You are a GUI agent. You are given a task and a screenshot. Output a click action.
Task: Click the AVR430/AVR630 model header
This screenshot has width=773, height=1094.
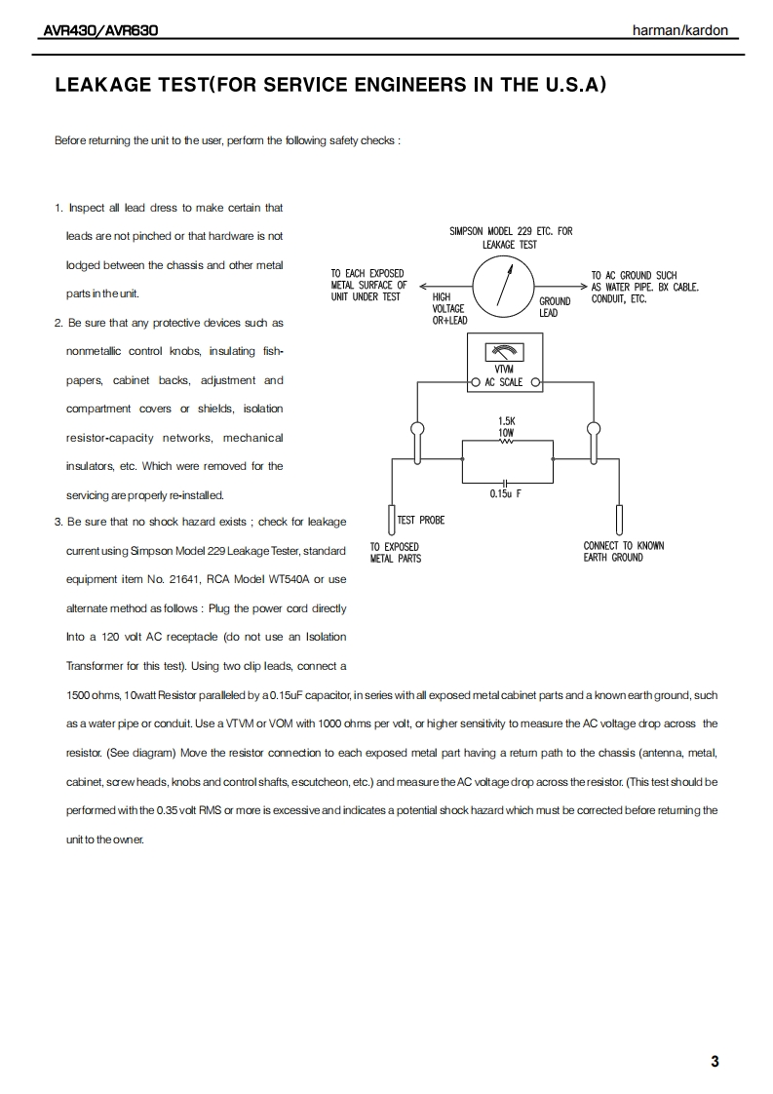click(101, 31)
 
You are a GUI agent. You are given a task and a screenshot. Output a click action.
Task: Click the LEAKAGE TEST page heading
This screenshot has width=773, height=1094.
click(330, 85)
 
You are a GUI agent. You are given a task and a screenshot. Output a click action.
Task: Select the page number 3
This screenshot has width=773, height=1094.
click(715, 1062)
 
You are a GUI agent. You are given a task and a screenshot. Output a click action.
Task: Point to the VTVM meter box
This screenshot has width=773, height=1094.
click(504, 362)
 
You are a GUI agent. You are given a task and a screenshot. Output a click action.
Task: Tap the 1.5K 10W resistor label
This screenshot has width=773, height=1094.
click(506, 426)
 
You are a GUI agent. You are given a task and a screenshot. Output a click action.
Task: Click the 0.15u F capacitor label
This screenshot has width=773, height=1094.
click(505, 494)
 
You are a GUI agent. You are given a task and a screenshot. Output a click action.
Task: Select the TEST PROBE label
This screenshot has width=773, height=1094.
click(421, 521)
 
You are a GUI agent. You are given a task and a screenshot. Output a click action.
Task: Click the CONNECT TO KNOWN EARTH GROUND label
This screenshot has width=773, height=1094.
click(624, 552)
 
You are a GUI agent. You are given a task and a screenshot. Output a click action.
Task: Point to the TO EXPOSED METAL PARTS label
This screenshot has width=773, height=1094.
click(395, 553)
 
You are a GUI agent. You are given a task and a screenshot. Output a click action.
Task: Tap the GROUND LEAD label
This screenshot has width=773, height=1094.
click(555, 307)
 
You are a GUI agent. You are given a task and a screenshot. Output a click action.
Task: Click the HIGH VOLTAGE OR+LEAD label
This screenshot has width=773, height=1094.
click(449, 308)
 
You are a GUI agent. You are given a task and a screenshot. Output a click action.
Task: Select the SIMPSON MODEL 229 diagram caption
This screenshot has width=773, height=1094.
click(511, 238)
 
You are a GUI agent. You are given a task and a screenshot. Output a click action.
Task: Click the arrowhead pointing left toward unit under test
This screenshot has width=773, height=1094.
click(424, 287)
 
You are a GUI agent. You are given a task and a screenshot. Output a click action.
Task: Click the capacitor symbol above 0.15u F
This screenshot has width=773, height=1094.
click(505, 482)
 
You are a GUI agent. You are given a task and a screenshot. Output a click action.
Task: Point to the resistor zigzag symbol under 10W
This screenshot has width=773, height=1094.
click(505, 441)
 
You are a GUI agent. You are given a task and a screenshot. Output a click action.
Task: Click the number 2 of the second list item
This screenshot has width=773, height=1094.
click(58, 323)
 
